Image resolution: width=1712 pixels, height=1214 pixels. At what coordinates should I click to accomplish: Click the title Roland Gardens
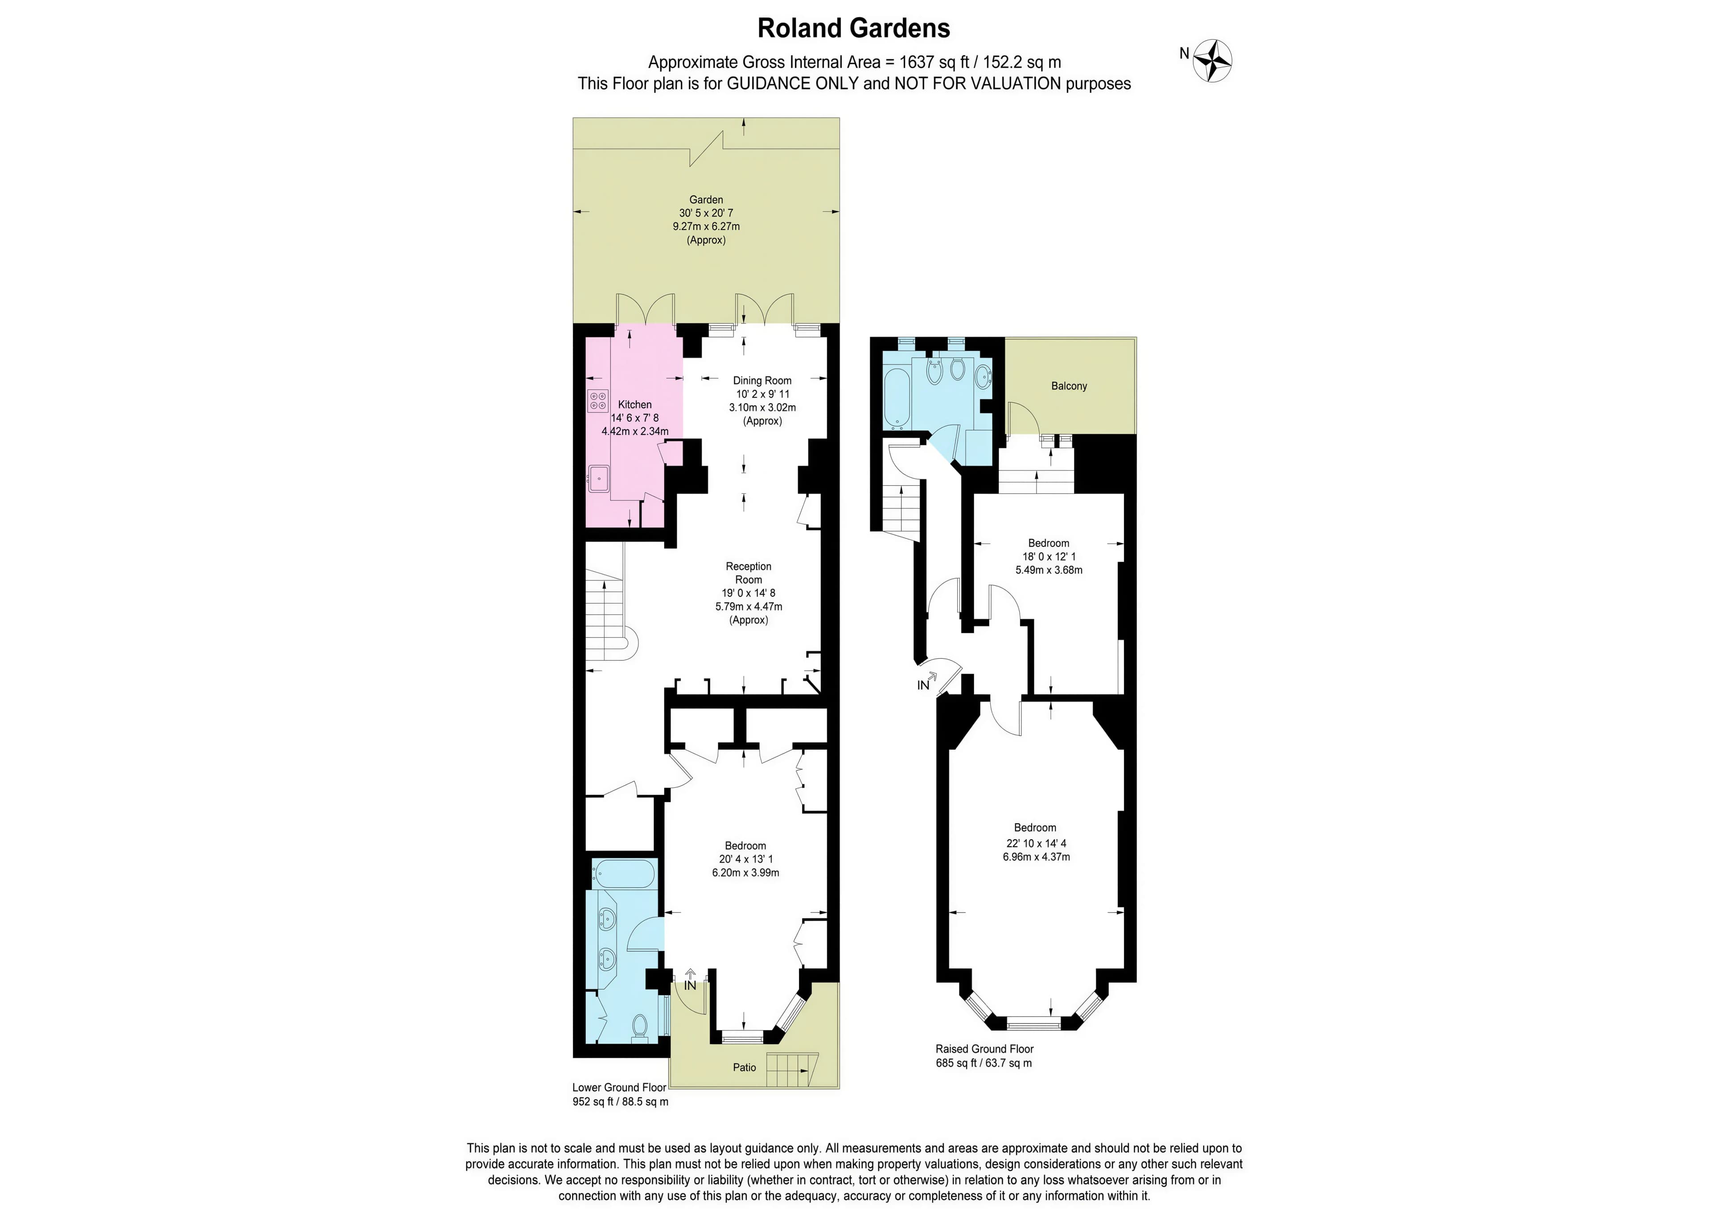[x=854, y=29]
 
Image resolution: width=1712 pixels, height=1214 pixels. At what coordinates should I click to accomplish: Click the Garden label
[x=706, y=200]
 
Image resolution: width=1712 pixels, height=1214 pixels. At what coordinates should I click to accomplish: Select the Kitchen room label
[x=635, y=404]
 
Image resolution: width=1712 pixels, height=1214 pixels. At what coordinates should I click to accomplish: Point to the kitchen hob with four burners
[x=598, y=400]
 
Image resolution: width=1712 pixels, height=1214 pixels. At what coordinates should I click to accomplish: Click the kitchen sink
[x=599, y=478]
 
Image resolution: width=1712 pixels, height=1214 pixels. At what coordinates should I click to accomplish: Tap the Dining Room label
[x=762, y=381]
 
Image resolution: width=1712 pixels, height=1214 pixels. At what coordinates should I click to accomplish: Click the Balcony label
[x=1069, y=386]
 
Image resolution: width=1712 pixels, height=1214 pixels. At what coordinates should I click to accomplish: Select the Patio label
[x=745, y=1067]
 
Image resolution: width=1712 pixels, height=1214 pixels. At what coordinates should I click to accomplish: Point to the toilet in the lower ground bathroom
[x=640, y=1027]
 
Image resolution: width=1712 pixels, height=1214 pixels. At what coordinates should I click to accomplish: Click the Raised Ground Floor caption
[x=984, y=1049]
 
